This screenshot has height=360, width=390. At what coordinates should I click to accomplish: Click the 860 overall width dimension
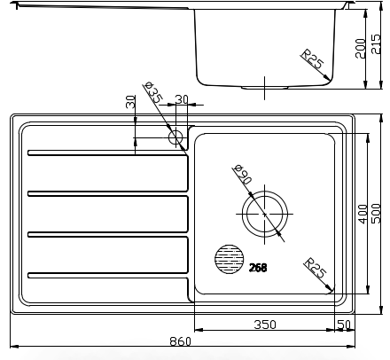point(181,341)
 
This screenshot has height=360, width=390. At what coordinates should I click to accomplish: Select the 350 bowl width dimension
point(265,325)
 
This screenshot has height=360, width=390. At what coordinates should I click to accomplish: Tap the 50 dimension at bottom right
point(344,325)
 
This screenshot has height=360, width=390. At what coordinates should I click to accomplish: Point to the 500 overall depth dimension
point(377,214)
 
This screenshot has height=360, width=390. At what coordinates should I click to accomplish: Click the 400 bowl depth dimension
point(363,214)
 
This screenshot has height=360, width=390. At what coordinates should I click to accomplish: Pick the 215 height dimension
point(377,44)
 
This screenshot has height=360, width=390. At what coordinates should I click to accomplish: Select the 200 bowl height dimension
point(361,49)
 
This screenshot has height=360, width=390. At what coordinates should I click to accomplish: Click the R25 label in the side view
point(312,59)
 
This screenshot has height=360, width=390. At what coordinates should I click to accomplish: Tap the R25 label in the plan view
point(316,268)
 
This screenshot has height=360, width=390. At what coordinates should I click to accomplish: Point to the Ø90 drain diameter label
point(242,175)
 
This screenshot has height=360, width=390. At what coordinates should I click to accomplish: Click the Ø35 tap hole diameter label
point(153,92)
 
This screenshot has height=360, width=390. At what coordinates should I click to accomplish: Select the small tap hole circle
point(175,137)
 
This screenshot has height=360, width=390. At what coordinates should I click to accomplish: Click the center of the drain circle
point(264,214)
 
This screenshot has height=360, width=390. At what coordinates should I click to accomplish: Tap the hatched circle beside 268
point(230,259)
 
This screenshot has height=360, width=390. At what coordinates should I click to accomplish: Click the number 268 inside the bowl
point(258,268)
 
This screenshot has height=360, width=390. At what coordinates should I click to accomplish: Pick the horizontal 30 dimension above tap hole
point(182,99)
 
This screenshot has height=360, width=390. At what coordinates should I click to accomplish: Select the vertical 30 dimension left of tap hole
point(130,102)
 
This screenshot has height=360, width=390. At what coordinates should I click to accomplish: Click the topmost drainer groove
point(108,153)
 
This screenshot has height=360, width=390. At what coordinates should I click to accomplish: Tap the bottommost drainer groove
point(108,275)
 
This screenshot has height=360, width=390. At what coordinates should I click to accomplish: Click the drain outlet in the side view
point(264,88)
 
